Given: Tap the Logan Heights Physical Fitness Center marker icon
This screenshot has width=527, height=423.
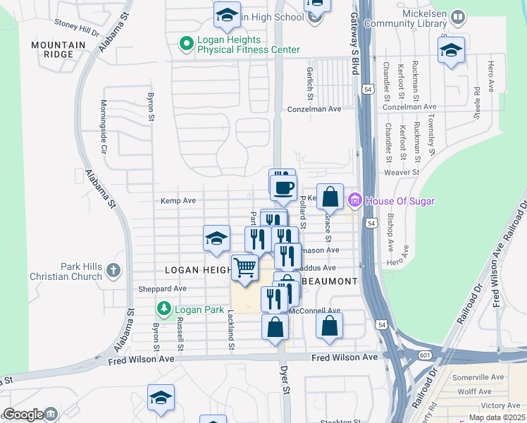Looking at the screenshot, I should click(x=187, y=44).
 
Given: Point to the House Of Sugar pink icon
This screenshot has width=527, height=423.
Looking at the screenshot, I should click(x=355, y=202).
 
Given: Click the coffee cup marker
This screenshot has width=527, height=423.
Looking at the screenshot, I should click(x=283, y=188).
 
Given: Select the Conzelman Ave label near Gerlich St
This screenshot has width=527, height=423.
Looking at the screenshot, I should click(x=314, y=109).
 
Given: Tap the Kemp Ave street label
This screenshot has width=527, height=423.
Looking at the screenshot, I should click(x=178, y=201).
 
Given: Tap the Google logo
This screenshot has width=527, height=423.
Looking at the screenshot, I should click(x=23, y=414).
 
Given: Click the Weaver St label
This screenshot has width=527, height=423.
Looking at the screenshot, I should click(x=401, y=172).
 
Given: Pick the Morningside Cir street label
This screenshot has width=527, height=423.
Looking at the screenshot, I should click(x=103, y=127).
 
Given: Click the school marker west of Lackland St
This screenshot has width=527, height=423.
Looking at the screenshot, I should click(x=216, y=238).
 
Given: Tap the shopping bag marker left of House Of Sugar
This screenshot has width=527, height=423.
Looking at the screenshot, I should click(x=329, y=197).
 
